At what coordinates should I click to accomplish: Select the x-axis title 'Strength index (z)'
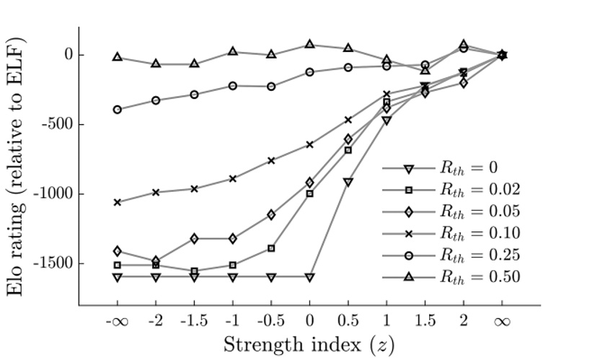point(309,343)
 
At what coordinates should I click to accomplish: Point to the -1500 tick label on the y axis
point(50,263)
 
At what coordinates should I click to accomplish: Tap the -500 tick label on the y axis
point(53,124)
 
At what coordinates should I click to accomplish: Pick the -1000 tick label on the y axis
point(50,193)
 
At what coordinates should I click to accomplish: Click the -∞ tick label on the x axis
point(117,321)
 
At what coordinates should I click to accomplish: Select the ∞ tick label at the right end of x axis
point(502,321)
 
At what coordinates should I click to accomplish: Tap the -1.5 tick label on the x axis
point(194,321)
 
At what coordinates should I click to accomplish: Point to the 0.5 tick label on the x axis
point(348,321)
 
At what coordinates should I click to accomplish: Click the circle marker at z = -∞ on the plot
point(117,110)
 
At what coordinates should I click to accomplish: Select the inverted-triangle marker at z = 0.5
point(348,182)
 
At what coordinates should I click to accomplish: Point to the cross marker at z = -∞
point(117,202)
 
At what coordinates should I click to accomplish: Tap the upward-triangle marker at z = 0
point(309,44)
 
